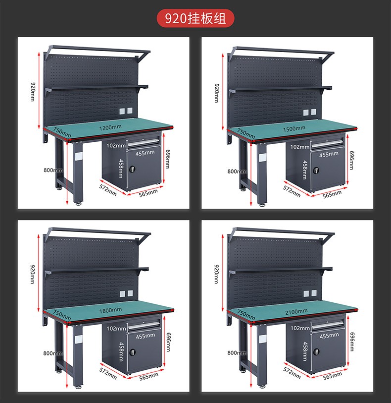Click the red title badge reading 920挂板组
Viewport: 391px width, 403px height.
click(x=195, y=18)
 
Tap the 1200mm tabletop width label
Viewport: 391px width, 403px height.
click(x=110, y=127)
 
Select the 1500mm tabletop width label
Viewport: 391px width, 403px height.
click(x=294, y=128)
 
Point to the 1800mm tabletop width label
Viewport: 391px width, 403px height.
click(x=110, y=310)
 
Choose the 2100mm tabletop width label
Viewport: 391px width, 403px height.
click(x=296, y=312)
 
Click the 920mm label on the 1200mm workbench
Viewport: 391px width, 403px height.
click(x=33, y=92)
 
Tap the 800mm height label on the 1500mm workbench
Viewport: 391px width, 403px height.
click(x=237, y=172)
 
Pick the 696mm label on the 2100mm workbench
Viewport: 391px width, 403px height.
click(x=352, y=342)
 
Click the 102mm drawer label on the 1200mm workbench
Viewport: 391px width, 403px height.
click(x=116, y=145)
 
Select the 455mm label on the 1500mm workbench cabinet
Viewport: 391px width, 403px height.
click(x=329, y=155)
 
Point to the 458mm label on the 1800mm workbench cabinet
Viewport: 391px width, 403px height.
click(x=121, y=351)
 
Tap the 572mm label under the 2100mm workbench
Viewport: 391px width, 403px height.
click(x=292, y=373)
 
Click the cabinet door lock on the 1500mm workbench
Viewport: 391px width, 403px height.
click(x=316, y=170)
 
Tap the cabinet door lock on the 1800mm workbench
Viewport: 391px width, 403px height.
click(x=132, y=351)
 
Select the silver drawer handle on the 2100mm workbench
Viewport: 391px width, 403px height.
click(x=327, y=325)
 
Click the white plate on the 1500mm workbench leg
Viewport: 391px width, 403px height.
click(x=262, y=157)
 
